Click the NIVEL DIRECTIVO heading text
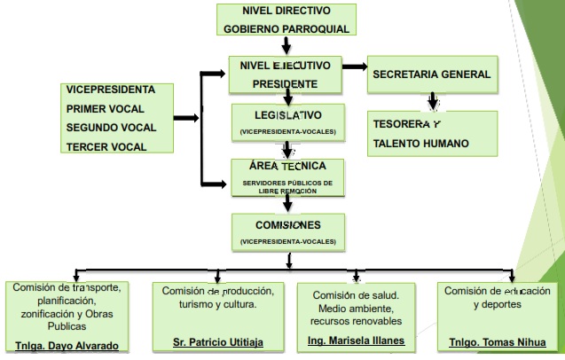pyautogui.click(x=286, y=11)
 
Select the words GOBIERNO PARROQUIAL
pyautogui.click(x=286, y=28)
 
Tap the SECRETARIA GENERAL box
pyautogui.click(x=431, y=74)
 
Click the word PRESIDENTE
pyautogui.click(x=286, y=83)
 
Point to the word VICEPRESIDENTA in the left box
pyautogui.click(x=111, y=90)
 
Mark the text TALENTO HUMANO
pyautogui.click(x=420, y=143)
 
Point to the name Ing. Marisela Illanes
pyautogui.click(x=356, y=340)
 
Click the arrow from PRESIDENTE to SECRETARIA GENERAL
pyautogui.click(x=355, y=66)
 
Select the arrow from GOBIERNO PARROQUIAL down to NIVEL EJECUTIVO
pyautogui.click(x=286, y=45)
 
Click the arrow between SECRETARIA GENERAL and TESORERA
pyautogui.click(x=432, y=99)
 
